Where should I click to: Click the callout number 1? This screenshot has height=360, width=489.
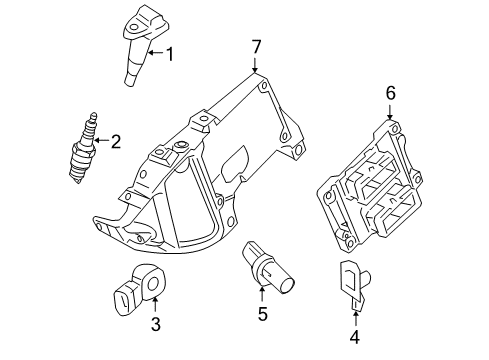pyautogui.click(x=170, y=54)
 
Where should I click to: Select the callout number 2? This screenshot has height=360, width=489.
pyautogui.click(x=115, y=141)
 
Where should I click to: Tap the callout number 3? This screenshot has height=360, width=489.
pyautogui.click(x=156, y=324)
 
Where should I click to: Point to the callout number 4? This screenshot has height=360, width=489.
pyautogui.click(x=355, y=337)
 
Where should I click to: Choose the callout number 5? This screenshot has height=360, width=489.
pyautogui.click(x=263, y=314)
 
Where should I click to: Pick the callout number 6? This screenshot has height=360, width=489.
pyautogui.click(x=391, y=93)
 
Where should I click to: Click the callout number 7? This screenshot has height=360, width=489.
pyautogui.click(x=256, y=47)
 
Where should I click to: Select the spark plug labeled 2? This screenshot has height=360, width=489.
pyautogui.click(x=83, y=148)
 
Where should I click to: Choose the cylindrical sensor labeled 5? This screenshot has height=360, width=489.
pyautogui.click(x=268, y=267)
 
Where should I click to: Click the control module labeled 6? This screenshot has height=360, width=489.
pyautogui.click(x=369, y=184)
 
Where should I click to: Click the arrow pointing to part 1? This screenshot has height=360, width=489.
pyautogui.click(x=156, y=53)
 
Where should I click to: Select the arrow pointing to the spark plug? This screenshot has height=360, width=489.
pyautogui.click(x=101, y=140)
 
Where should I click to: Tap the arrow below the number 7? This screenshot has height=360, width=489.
pyautogui.click(x=255, y=66)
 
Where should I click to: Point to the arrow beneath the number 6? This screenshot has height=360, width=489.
pyautogui.click(x=390, y=112)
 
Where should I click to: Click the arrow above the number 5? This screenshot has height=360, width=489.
pyautogui.click(x=262, y=295)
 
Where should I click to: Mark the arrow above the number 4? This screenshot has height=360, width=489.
pyautogui.click(x=355, y=318)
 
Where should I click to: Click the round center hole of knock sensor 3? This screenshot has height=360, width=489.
pyautogui.click(x=153, y=285)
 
